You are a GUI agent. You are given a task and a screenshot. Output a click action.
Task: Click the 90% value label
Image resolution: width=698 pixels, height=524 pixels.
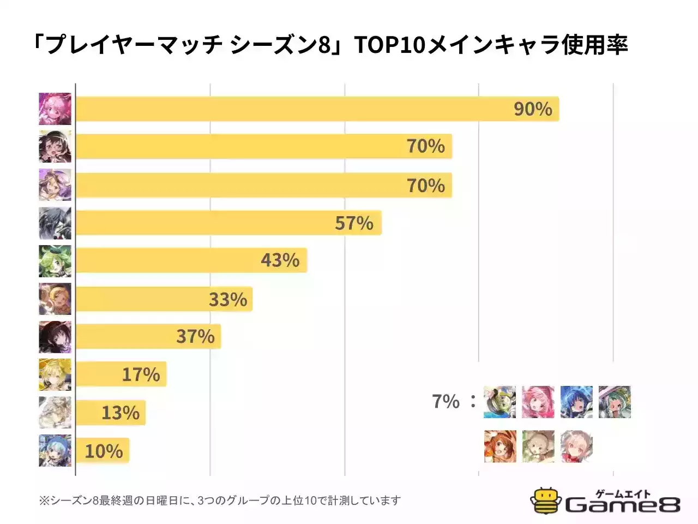coord(533,109)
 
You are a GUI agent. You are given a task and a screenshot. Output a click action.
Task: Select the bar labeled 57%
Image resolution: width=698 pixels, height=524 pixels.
coord(228,223)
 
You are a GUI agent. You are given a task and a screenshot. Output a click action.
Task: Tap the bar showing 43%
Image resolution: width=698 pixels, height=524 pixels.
coord(191,260)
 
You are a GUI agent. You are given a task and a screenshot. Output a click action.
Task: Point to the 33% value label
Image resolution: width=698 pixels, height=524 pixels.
coord(228,300)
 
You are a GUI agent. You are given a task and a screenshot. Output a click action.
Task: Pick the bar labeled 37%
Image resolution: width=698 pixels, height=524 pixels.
coord(148,336)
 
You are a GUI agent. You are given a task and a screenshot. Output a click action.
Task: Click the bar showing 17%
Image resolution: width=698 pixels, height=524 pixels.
coord(121,374)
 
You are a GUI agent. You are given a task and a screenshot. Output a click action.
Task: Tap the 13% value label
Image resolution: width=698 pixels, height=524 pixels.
coord(121,413)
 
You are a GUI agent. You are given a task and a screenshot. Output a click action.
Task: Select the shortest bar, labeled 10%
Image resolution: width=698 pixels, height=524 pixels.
coord(102,451)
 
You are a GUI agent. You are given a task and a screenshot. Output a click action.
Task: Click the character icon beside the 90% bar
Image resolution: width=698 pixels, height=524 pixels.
coord(55,109)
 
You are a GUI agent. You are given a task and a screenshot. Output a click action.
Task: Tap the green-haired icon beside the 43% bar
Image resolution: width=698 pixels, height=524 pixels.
coord(55,261)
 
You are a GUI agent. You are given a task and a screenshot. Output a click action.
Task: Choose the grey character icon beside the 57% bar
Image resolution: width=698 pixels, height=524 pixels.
coord(55,223)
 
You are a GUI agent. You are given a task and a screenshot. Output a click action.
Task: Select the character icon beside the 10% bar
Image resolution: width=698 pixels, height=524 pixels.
coord(55,451)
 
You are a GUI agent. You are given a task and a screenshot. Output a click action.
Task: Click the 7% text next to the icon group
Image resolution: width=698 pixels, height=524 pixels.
coord(446,402)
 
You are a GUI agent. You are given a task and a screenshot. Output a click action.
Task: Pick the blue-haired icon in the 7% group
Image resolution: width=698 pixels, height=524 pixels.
coord(576,402)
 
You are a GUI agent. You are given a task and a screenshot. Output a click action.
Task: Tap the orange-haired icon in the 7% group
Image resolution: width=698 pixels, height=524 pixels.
coord(500,446)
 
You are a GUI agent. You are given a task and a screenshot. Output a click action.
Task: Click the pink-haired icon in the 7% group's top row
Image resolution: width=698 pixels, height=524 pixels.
coord(538,402)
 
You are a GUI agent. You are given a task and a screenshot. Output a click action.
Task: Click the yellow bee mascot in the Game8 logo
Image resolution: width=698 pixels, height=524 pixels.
coord(546,501)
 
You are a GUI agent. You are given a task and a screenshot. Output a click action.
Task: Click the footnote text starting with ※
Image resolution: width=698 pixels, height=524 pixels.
coord(220,501)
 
